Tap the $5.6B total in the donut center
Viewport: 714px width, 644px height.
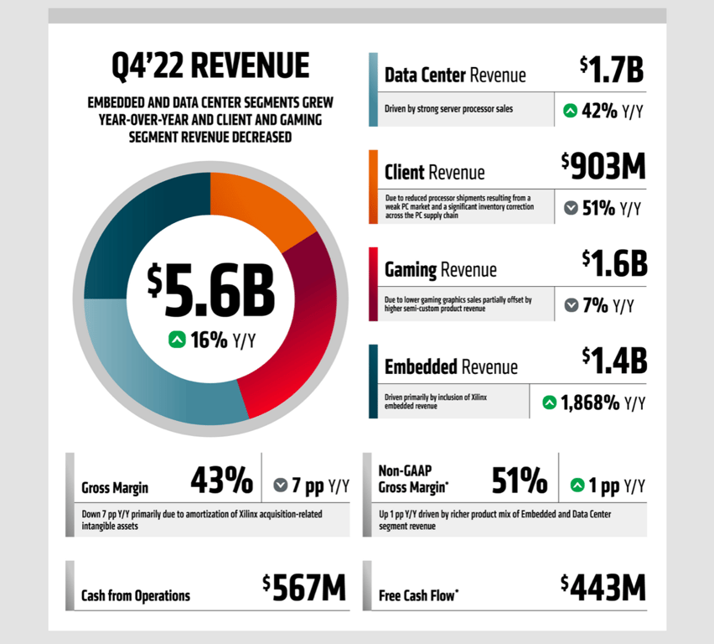(x=211, y=290)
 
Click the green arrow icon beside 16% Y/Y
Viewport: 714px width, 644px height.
(x=177, y=340)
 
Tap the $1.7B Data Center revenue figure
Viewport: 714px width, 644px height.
(x=612, y=70)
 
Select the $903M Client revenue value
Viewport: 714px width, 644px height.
(x=603, y=167)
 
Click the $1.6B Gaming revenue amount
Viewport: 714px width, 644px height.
(x=614, y=264)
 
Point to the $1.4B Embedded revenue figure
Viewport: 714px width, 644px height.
(x=614, y=361)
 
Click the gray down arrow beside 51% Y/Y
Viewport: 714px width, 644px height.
(x=571, y=208)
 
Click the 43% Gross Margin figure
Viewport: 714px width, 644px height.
(x=221, y=481)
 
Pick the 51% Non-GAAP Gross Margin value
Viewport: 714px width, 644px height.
(x=519, y=481)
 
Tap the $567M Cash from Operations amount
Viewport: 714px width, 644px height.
(x=303, y=589)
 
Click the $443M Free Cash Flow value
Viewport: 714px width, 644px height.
(x=603, y=589)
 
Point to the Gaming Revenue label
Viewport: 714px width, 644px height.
(x=440, y=270)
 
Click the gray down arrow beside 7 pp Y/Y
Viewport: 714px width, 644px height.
(x=281, y=485)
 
